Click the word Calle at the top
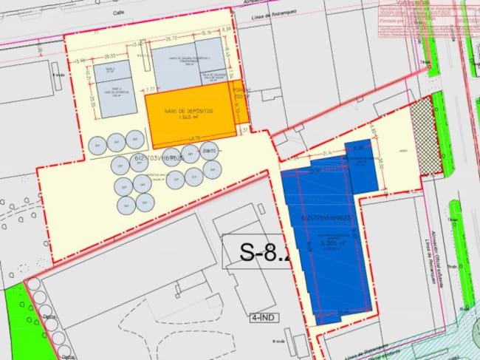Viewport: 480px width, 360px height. click(x=119, y=12)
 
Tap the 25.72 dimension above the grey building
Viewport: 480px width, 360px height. click(x=171, y=38)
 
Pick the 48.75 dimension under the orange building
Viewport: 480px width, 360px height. click(x=194, y=140)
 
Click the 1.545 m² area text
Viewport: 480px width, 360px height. click(x=189, y=117)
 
